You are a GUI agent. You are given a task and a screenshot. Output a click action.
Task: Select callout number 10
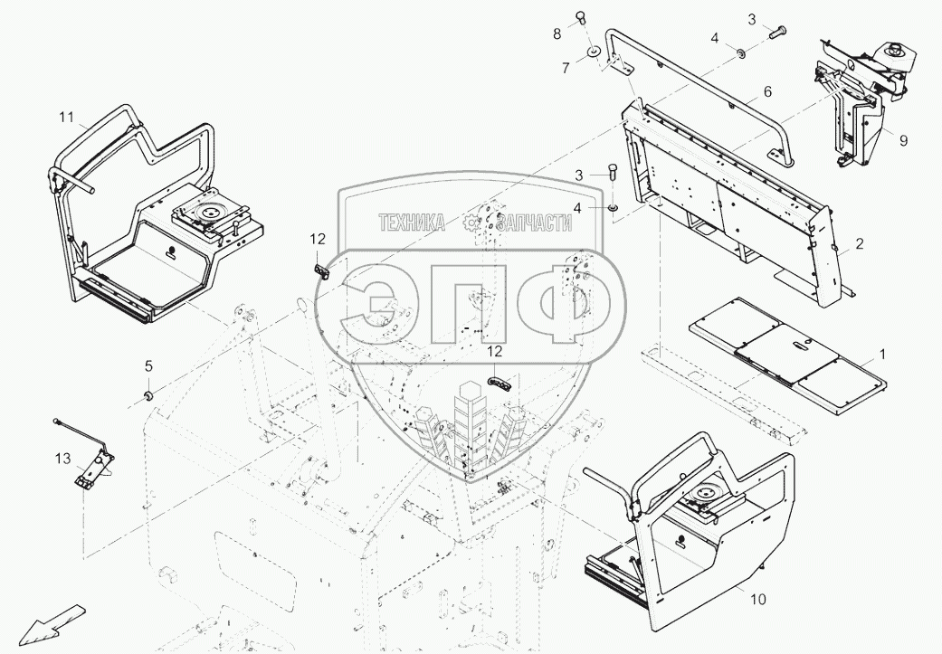click(756, 599)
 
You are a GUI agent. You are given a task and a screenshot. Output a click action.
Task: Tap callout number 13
click(62, 460)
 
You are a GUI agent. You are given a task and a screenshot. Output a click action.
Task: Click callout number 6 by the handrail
click(766, 91)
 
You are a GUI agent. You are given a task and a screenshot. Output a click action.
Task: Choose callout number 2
click(859, 243)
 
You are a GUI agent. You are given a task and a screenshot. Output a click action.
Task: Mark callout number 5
click(149, 365)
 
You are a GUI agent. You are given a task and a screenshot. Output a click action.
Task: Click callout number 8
click(557, 33)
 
